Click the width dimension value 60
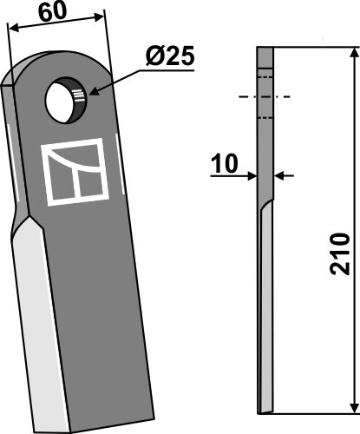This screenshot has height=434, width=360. pyautogui.click(x=53, y=11)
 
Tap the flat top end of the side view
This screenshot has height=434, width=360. pyautogui.click(x=265, y=49)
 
